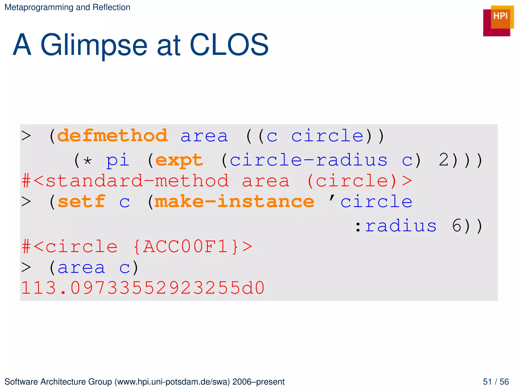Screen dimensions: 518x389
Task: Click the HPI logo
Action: pos(498,21)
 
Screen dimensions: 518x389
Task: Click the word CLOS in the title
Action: pos(229,45)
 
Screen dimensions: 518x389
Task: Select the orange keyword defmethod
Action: pos(112,136)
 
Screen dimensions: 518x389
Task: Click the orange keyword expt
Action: pos(179,160)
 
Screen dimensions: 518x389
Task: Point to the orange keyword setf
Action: pos(81,202)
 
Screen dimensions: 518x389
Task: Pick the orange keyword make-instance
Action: pos(234,202)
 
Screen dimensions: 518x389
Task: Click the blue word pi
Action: pos(118,161)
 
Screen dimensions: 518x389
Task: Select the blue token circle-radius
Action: pos(308,160)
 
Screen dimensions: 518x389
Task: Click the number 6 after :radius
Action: pos(457,226)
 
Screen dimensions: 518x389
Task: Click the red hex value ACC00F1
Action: pos(186,246)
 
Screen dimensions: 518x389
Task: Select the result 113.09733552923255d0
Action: pos(143,288)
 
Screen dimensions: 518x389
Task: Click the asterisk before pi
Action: pos(88,161)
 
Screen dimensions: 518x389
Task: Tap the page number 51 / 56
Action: pos(496,382)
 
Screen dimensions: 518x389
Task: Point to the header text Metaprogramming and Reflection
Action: pos(67,7)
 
